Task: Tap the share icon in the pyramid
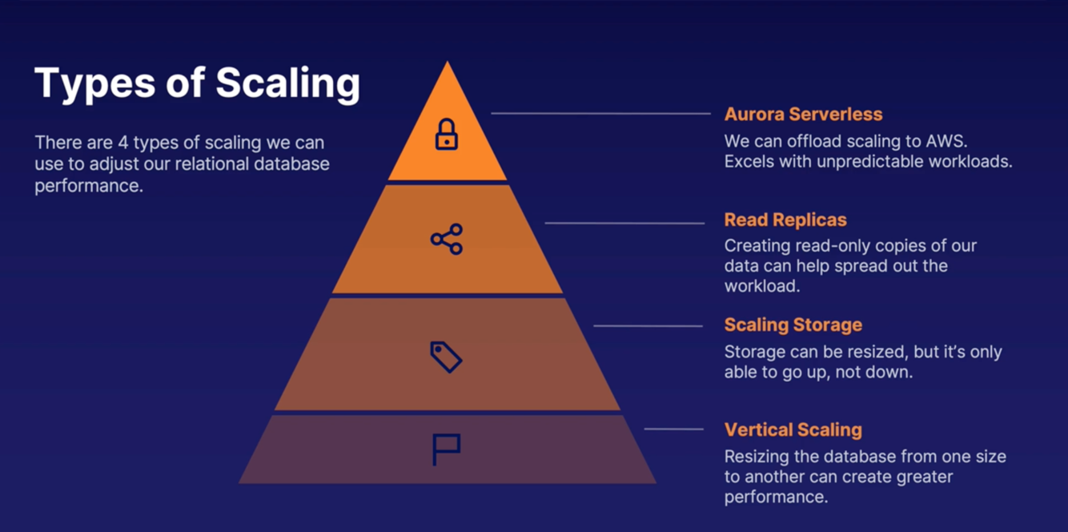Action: coord(447,239)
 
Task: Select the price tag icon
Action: coord(446,357)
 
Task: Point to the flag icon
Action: coord(446,449)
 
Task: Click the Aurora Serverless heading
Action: coord(803,115)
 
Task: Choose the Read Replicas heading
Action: coord(785,220)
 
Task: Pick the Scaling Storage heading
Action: coord(793,324)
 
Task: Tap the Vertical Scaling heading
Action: coord(793,429)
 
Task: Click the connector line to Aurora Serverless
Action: coord(600,114)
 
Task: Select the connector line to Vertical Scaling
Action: coord(673,429)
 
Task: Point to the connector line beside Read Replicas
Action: coord(624,224)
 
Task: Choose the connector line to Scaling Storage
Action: coord(648,326)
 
